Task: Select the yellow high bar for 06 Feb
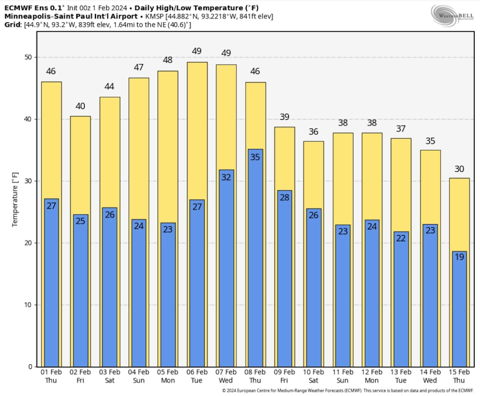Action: (197, 130)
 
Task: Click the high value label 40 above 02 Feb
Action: (80, 106)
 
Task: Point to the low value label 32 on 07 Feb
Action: (226, 177)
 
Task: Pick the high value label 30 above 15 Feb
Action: (459, 169)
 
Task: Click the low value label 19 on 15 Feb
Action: (459, 257)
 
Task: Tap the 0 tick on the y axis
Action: (30, 367)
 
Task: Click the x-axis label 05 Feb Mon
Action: (168, 376)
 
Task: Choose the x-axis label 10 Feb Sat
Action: (313, 376)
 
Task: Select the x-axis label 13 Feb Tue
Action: (401, 376)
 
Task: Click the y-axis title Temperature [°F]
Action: (15, 200)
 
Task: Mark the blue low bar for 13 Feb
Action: (401, 300)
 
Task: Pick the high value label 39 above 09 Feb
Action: (284, 117)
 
